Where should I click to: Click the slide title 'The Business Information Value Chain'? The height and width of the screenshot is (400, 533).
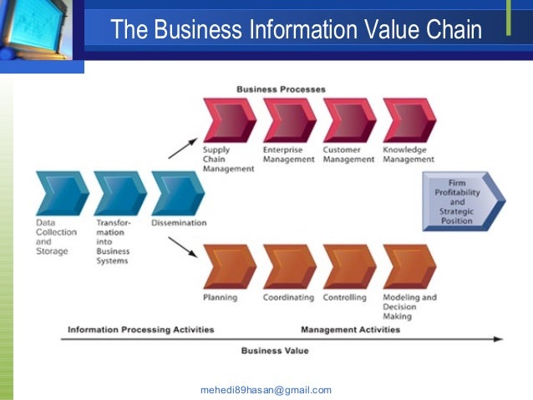click(x=297, y=31)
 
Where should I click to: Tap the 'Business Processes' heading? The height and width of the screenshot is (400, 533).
click(x=281, y=89)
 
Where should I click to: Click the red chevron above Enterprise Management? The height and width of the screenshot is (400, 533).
click(x=289, y=120)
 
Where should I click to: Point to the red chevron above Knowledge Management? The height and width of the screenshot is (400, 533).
click(x=409, y=120)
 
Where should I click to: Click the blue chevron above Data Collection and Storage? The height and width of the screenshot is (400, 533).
click(x=62, y=193)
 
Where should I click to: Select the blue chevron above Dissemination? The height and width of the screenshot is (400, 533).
click(x=178, y=193)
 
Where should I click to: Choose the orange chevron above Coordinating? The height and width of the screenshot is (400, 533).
click(x=289, y=266)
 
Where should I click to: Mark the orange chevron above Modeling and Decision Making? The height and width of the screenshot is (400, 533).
click(x=409, y=266)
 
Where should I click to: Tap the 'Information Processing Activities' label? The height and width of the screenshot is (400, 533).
click(x=140, y=329)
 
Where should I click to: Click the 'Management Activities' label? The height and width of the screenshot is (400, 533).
click(x=350, y=329)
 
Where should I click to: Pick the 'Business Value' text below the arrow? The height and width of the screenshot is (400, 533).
click(x=275, y=351)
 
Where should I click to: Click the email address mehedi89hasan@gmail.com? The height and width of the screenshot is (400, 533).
click(x=266, y=390)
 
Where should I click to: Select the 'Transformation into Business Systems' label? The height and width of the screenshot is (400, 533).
click(x=113, y=242)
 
